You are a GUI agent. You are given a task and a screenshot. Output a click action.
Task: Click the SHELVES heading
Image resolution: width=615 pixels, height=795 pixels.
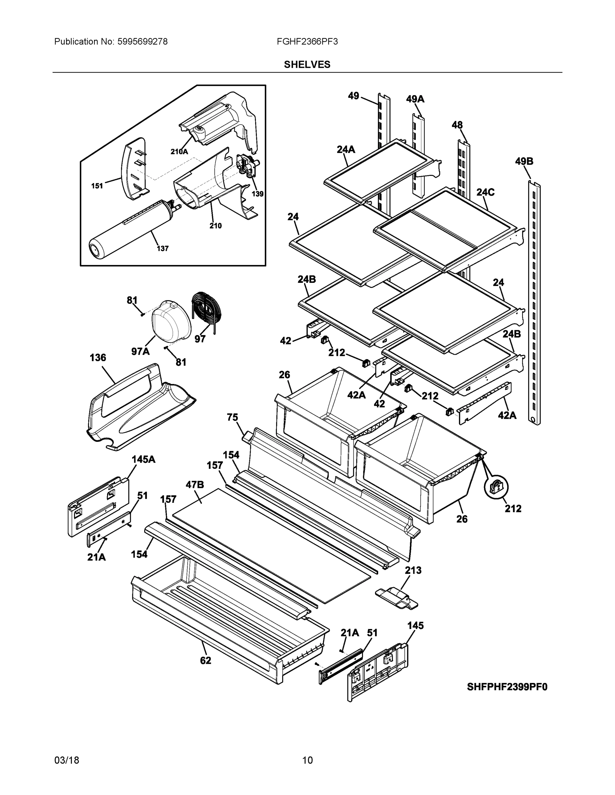pos(307,65)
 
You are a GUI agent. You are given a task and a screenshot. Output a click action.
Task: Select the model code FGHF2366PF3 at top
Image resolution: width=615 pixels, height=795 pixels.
pos(307,41)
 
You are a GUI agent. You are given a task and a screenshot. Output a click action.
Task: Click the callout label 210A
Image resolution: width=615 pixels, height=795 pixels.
pos(179,152)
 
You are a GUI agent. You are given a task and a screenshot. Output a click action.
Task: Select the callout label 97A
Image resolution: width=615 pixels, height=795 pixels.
pos(140,351)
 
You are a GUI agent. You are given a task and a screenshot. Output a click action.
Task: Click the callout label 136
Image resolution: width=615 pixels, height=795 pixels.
pos(98,357)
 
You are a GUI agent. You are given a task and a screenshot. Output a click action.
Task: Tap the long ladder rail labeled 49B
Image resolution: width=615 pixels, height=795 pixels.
pos(534,302)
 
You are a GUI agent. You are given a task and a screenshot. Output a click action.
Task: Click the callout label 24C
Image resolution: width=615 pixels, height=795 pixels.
pos(485,192)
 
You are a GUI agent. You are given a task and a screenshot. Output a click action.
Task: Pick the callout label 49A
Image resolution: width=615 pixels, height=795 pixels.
pos(415,99)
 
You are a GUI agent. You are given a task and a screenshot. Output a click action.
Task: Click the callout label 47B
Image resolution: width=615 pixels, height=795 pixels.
pos(195,485)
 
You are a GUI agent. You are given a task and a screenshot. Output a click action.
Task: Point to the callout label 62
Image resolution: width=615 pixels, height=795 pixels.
pos(206,660)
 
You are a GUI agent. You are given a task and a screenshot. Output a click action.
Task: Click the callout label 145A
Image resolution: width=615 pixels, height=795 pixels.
pos(143,459)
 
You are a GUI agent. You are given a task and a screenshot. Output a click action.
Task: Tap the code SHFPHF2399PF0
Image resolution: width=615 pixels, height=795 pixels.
pos(507,687)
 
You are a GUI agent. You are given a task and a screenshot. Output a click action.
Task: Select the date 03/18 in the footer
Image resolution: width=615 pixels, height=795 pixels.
pos(67,761)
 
